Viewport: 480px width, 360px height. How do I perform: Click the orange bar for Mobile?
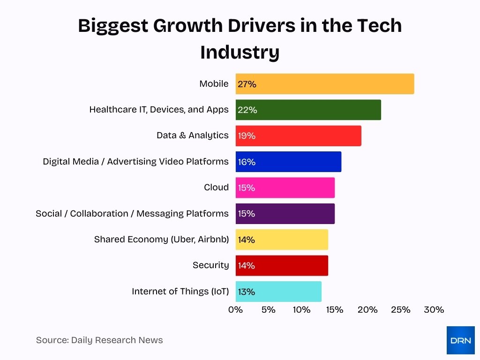pos(324,84)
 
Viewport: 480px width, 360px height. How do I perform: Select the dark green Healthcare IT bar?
pos(308,110)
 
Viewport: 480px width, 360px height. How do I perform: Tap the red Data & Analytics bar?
pos(298,135)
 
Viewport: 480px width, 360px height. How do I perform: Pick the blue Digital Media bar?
pos(288,162)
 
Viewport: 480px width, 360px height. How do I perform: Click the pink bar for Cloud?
pos(285,187)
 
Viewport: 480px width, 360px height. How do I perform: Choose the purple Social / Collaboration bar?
pos(285,213)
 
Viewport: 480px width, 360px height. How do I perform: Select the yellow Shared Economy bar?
pos(282,240)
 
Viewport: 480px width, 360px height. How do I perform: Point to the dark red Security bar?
pos(282,265)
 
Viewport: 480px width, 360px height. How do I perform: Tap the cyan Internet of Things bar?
pos(278,292)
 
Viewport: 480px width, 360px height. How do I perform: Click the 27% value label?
pos(247,84)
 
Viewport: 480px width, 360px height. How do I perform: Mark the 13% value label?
pos(247,292)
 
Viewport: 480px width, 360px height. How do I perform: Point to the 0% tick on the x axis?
pos(235,310)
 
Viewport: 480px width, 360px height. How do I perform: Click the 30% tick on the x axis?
pos(434,310)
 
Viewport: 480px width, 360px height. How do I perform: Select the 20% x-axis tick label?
pos(367,310)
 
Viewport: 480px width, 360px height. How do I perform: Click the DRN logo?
pos(460,340)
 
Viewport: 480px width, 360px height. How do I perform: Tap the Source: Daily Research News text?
pos(99,340)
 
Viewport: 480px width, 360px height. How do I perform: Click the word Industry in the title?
pos(240,52)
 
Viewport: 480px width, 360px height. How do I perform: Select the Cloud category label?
pos(216,187)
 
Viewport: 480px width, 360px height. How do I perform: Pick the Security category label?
pos(210,265)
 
